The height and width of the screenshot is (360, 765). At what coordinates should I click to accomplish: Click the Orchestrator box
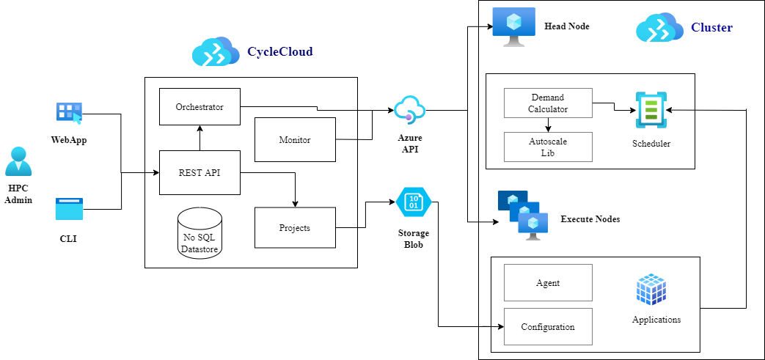[200, 107]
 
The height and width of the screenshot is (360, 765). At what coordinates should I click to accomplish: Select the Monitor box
[294, 139]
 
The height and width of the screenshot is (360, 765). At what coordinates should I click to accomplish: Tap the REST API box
[200, 173]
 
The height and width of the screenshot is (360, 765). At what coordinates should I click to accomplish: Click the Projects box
[294, 228]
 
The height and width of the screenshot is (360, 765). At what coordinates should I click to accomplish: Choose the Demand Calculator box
[548, 103]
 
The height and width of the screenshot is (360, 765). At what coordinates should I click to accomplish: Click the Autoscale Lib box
[548, 147]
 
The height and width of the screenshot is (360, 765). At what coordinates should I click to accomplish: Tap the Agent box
[548, 283]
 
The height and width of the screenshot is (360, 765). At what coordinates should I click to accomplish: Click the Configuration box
[548, 327]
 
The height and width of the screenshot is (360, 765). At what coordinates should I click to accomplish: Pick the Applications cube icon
[651, 290]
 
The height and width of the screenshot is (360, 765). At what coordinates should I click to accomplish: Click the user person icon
[18, 161]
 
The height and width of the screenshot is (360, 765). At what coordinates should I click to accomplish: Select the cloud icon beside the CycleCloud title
[216, 52]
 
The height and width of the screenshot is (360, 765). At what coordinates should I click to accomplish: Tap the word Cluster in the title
[711, 28]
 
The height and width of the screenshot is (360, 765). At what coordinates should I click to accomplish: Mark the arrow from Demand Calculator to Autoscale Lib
[548, 125]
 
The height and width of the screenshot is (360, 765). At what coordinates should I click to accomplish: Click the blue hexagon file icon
[414, 202]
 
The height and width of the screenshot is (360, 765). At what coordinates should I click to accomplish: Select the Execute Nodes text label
[590, 219]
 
